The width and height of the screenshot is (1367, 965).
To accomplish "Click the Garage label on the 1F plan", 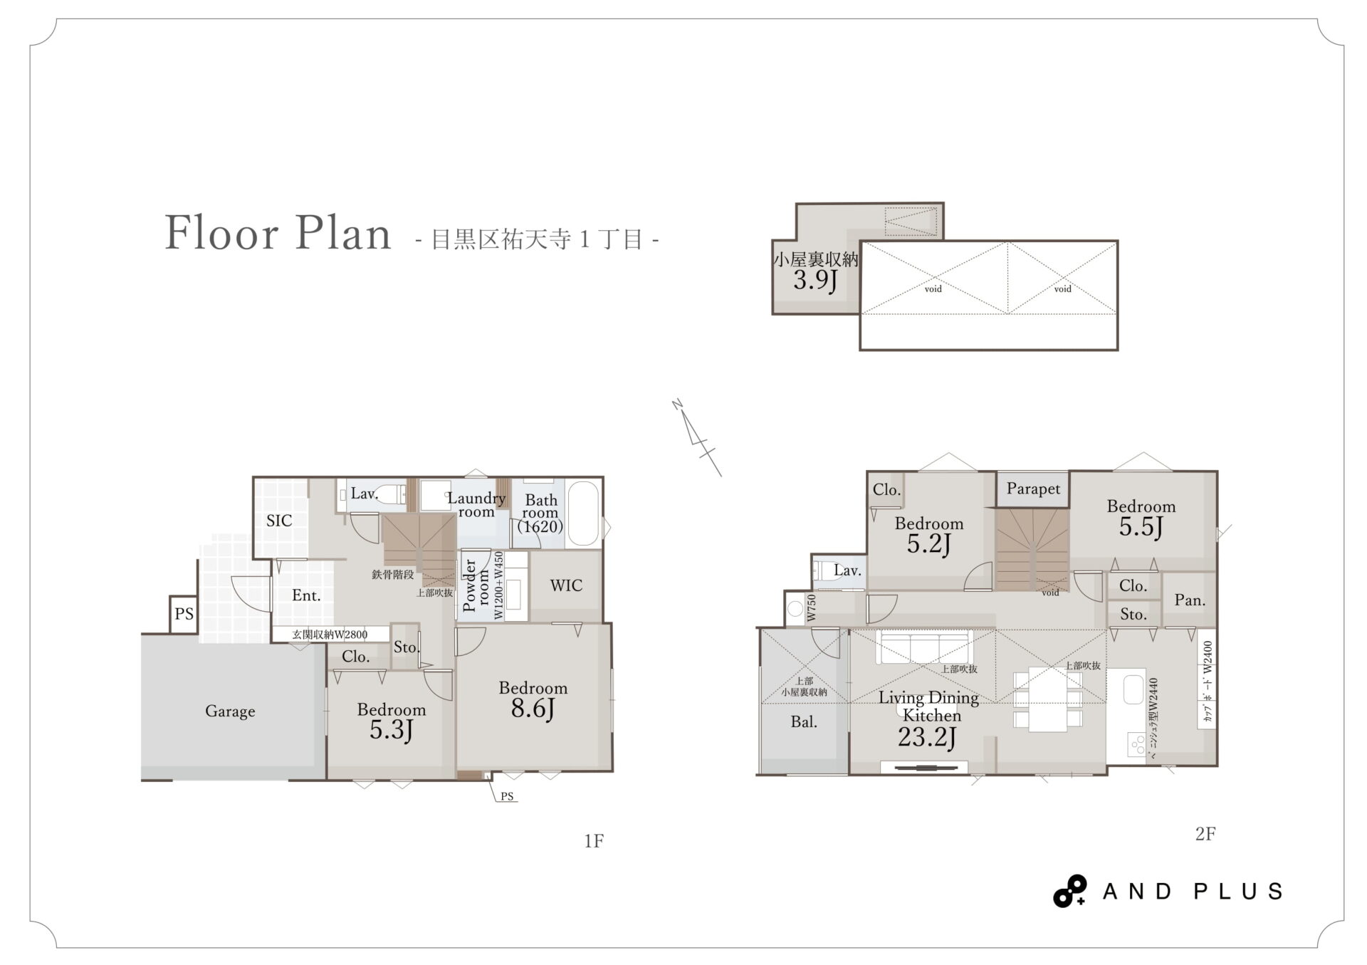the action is pyautogui.click(x=230, y=711).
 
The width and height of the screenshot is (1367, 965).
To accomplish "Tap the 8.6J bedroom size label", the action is pyautogui.click(x=533, y=709).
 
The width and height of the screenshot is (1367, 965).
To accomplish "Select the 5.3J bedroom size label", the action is pyautogui.click(x=392, y=730).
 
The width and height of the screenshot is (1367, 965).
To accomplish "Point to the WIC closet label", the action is pyautogui.click(x=566, y=585).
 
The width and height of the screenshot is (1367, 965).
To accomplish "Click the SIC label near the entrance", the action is pyautogui.click(x=279, y=521).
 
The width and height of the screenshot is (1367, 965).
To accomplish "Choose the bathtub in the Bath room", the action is pyautogui.click(x=585, y=514).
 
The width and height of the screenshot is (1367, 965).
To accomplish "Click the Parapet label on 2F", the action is pyautogui.click(x=1033, y=489).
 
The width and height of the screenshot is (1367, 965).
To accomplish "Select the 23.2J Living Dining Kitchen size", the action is pyautogui.click(x=926, y=737).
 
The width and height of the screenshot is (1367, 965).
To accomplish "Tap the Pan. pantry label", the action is pyautogui.click(x=1190, y=600).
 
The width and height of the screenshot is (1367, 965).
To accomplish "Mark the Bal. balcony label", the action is pyautogui.click(x=804, y=722).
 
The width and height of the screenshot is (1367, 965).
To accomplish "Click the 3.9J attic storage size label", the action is pyautogui.click(x=815, y=280).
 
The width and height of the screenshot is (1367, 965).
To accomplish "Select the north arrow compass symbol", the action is pyautogui.click(x=697, y=437).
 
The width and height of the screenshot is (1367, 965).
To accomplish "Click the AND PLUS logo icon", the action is pyautogui.click(x=1070, y=891).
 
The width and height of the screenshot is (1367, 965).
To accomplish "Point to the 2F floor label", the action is pyautogui.click(x=1205, y=834).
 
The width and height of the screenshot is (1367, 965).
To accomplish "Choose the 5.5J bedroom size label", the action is pyautogui.click(x=1141, y=527).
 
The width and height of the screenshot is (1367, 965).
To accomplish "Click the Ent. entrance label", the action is pyautogui.click(x=306, y=595).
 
